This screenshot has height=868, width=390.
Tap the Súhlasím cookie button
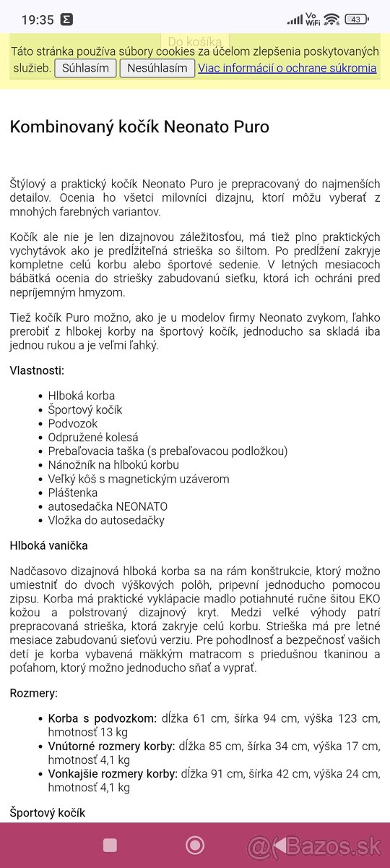click(x=86, y=68)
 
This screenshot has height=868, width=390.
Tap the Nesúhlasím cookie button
click(x=157, y=68)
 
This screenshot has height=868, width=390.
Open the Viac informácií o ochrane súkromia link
click(x=287, y=68)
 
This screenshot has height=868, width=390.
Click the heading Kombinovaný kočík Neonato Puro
click(x=139, y=127)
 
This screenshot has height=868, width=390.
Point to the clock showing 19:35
click(x=38, y=20)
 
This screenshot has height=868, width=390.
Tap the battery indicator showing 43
click(x=356, y=20)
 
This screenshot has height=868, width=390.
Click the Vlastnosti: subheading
click(x=37, y=370)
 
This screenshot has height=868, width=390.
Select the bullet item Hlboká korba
click(x=81, y=396)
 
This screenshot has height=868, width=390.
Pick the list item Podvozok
click(x=73, y=423)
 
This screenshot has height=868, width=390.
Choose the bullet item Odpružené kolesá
click(x=93, y=437)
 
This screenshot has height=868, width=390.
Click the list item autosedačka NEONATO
click(x=108, y=506)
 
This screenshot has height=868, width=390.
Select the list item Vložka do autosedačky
click(x=106, y=520)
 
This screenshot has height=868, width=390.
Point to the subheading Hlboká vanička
click(x=48, y=545)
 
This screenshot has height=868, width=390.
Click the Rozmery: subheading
click(x=33, y=693)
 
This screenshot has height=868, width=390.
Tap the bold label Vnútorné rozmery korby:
click(x=111, y=746)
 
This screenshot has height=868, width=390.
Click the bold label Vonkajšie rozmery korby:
click(x=113, y=773)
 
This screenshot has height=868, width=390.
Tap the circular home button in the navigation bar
click(x=195, y=845)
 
